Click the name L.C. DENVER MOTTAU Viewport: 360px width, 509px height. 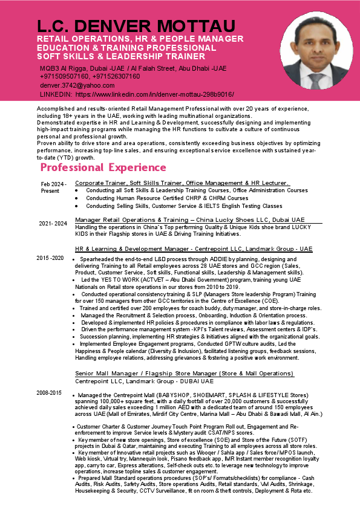136,27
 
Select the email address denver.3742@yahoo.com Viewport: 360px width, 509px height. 77,86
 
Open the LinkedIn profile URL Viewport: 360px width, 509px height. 154,95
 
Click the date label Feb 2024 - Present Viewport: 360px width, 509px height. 54,187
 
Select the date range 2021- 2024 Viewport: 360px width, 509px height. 53,223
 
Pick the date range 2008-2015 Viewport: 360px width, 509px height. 49,393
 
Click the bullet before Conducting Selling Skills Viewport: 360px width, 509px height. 77,206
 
